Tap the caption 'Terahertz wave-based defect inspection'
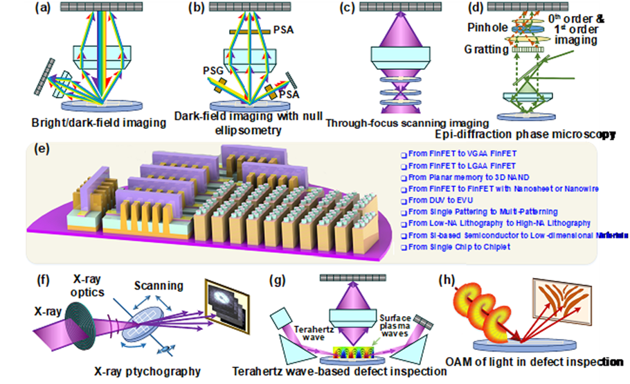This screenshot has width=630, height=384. pyautogui.click(x=339, y=372)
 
